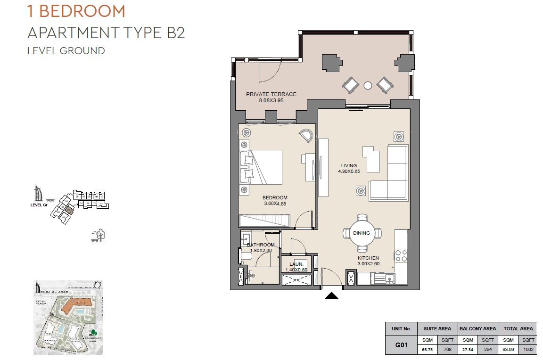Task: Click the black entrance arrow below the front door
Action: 332,296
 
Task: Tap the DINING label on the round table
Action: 362,233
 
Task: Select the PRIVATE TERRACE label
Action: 271,94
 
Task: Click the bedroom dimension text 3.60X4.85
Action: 275,204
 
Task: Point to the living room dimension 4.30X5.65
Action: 349,172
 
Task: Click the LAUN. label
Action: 296,264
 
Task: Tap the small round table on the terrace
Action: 368,85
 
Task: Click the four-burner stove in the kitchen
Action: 401,256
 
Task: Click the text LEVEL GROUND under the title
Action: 66,50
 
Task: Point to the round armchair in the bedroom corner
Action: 305,135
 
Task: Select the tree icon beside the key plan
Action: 99,234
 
